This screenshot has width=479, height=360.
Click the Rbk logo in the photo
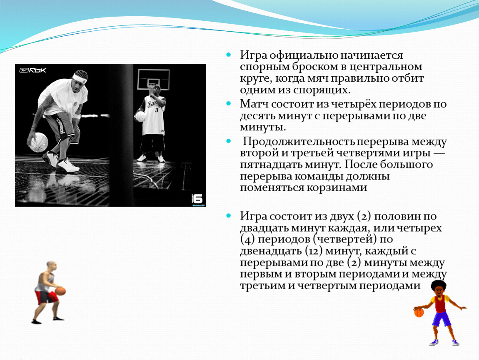[32, 70]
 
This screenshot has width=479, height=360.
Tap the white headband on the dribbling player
[80, 78]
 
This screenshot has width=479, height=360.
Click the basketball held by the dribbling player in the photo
[38, 142]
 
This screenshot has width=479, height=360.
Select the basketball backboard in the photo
[154, 79]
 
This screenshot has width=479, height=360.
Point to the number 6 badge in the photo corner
[197, 199]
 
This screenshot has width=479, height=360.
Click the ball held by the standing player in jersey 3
[140, 116]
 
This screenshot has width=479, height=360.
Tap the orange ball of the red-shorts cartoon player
[60, 291]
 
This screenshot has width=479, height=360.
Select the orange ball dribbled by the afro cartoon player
[419, 312]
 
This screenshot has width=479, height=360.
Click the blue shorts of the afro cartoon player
[442, 319]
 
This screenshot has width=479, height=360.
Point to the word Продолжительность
[299, 142]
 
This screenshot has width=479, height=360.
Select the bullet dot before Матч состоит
[229, 104]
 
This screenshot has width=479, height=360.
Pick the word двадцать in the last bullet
[264, 228]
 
